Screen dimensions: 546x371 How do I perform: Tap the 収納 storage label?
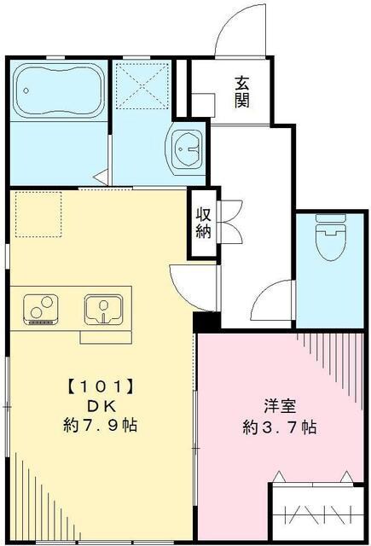pyautogui.click(x=203, y=223)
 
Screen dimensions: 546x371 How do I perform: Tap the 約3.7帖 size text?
pyautogui.click(x=279, y=427)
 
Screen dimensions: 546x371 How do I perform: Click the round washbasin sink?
pyautogui.click(x=185, y=150)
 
